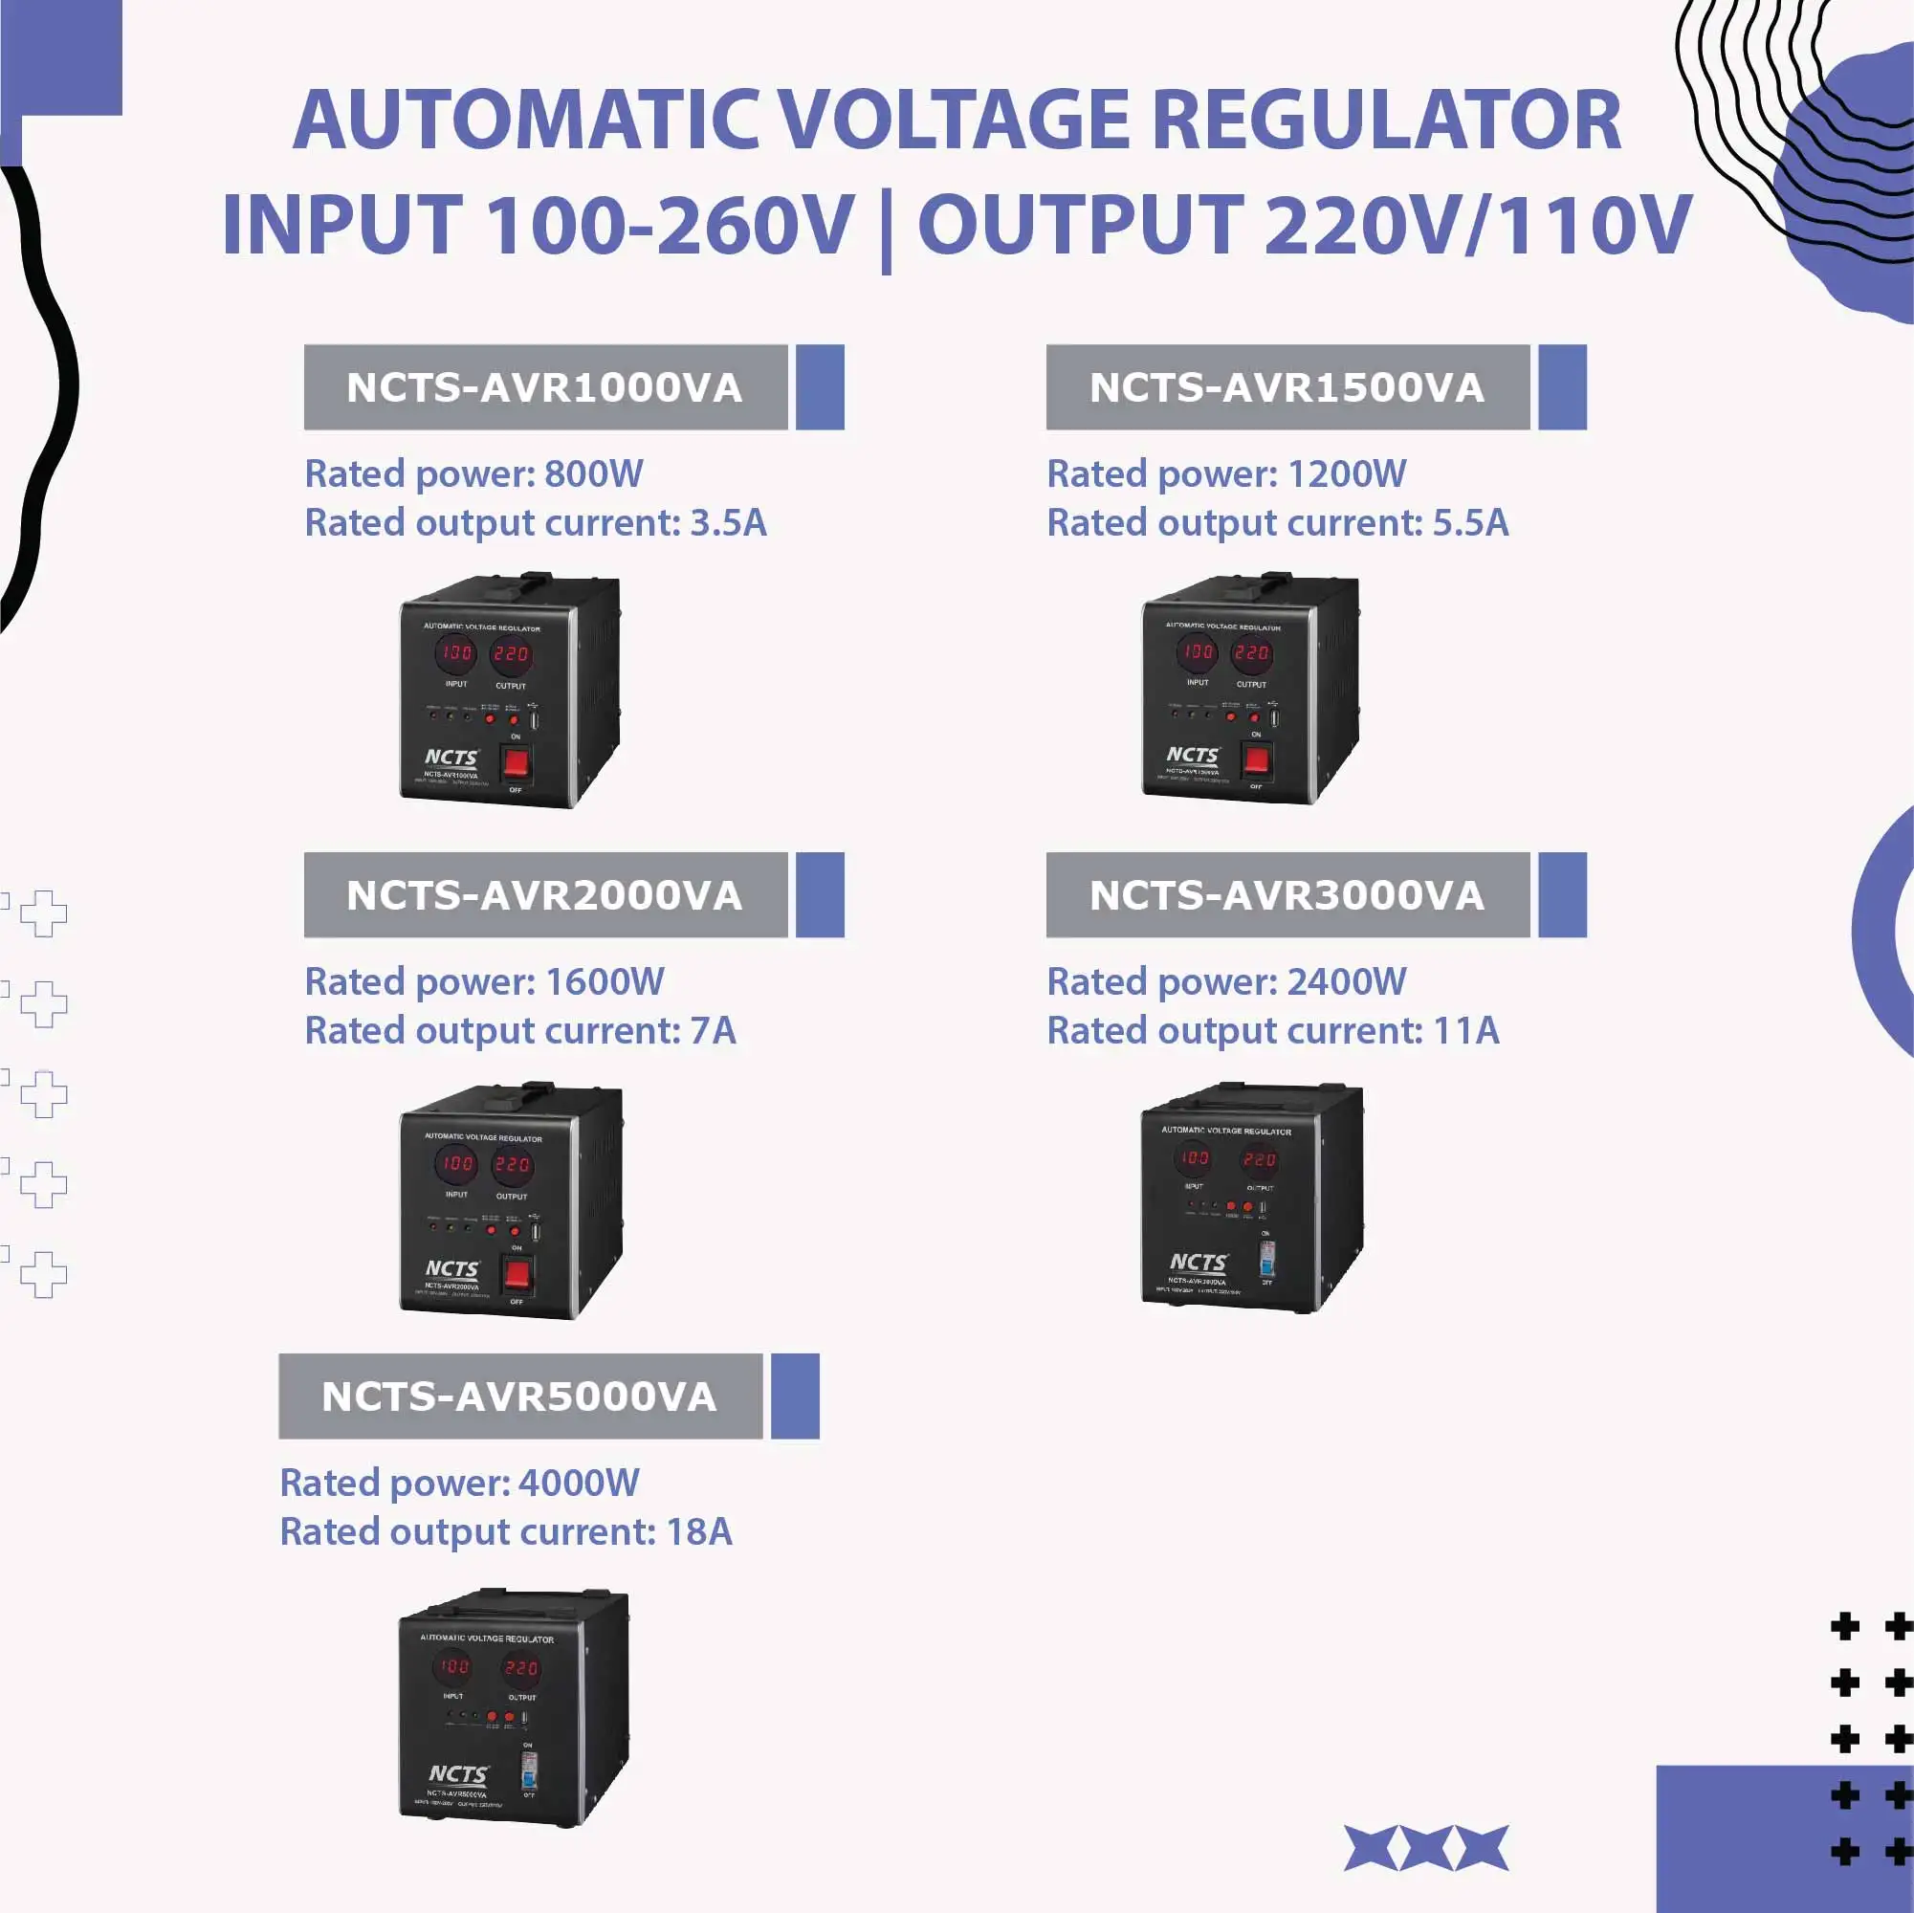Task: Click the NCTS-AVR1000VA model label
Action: (x=545, y=387)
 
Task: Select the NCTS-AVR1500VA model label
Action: (x=1287, y=387)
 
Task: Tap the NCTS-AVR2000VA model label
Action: (x=545, y=894)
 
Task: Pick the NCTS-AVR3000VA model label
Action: (x=1287, y=894)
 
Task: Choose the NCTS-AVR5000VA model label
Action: (x=519, y=1396)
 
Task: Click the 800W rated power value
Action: (x=593, y=473)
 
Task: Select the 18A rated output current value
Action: (x=699, y=1531)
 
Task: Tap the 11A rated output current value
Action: (x=1466, y=1030)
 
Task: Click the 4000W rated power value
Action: (x=579, y=1482)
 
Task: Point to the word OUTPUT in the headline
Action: (x=1081, y=225)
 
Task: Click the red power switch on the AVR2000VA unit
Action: (x=517, y=1274)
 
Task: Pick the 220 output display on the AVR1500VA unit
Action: (x=1251, y=653)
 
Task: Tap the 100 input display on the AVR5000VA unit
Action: (x=453, y=1666)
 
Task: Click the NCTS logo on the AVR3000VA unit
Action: (x=1198, y=1263)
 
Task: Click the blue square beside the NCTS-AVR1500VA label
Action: (x=1562, y=387)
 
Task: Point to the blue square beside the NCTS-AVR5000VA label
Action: (x=795, y=1396)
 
